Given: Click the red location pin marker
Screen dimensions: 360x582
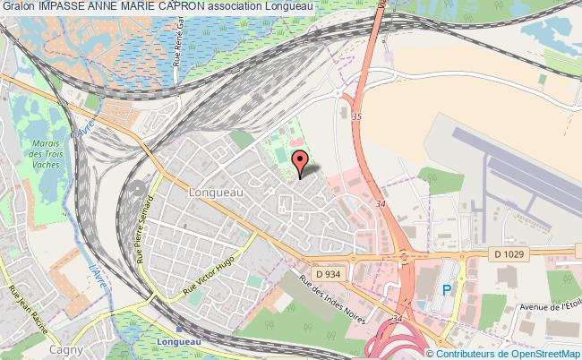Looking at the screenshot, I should pyautogui.click(x=301, y=163).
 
